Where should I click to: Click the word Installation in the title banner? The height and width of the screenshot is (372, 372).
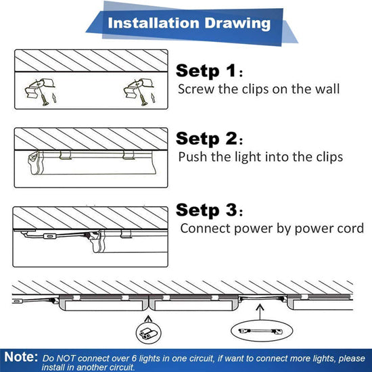[154, 23]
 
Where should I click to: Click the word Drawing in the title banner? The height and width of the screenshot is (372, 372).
[237, 24]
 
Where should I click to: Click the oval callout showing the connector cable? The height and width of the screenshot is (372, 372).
[262, 331]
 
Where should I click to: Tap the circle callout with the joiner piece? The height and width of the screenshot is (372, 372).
[149, 332]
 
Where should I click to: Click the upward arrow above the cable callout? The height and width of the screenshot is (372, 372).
[260, 312]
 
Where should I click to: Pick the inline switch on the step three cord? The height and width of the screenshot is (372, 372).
[49, 236]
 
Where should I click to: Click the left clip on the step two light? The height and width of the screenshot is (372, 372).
[65, 156]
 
